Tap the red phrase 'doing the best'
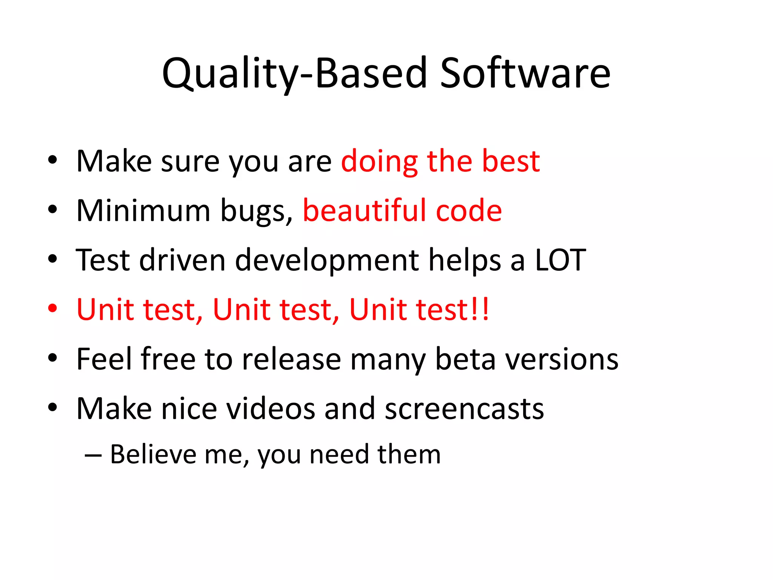[x=440, y=162]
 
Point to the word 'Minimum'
[x=143, y=211]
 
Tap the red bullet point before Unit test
[x=52, y=309]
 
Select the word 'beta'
[x=465, y=359]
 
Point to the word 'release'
[x=291, y=359]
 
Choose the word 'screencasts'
[x=464, y=409]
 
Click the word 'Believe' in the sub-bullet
[x=153, y=454]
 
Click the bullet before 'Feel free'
[x=52, y=358]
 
